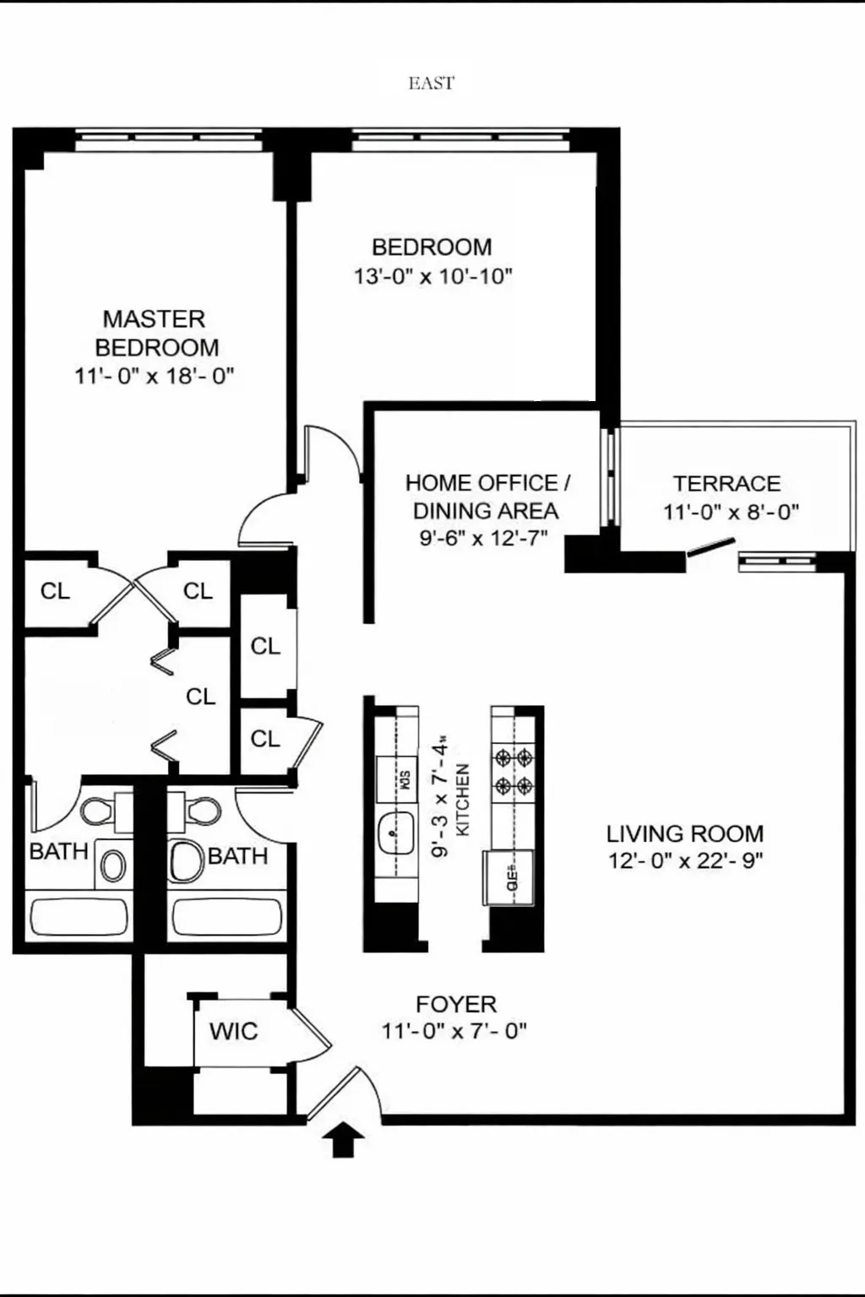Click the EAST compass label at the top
click(x=431, y=83)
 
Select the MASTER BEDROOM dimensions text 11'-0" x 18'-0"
click(x=154, y=376)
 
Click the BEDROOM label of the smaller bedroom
click(x=432, y=247)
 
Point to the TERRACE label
click(x=726, y=484)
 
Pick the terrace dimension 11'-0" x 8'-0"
click(x=731, y=512)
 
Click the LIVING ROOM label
click(x=684, y=834)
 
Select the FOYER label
click(x=456, y=1004)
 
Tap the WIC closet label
click(x=233, y=1031)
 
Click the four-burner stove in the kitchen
click(x=514, y=771)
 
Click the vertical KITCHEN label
click(x=462, y=800)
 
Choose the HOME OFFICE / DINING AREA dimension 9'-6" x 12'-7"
click(x=483, y=538)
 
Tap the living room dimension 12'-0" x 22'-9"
click(x=685, y=861)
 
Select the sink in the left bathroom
click(x=113, y=865)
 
